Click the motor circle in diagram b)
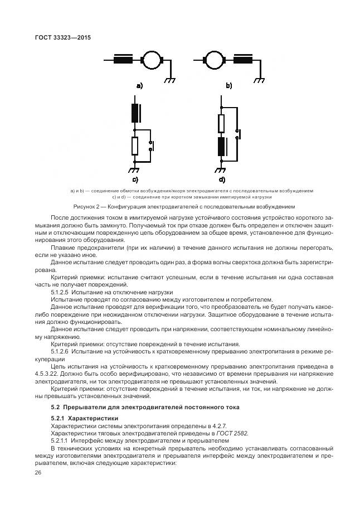coord(212,60)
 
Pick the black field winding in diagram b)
coord(244,60)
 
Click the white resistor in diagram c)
coord(134,147)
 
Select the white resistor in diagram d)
coord(221,123)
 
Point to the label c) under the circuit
coord(134,180)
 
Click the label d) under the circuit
coord(222,180)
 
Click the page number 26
coord(38,473)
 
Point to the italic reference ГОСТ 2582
coord(232,433)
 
